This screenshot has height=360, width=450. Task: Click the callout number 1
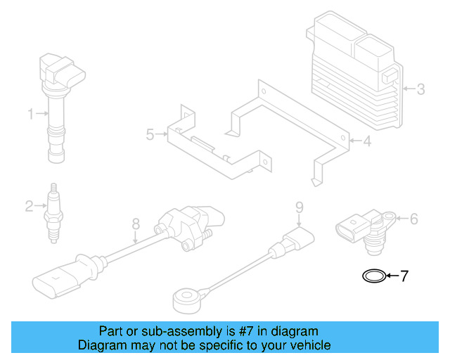[x=30, y=113]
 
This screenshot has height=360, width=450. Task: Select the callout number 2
[x=29, y=206]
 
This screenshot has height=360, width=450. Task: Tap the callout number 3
[x=420, y=89]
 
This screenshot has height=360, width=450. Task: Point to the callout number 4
[x=366, y=142]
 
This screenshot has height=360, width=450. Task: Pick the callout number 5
[x=150, y=134]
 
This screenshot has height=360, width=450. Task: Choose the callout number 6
[x=413, y=219]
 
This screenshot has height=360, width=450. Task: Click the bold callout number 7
[x=404, y=276]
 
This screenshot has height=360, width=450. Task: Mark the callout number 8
[x=136, y=224]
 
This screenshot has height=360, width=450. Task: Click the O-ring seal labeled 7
[x=374, y=276]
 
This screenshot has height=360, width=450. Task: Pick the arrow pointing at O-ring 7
[x=392, y=276]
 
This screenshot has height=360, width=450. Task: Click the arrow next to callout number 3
[x=409, y=89]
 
